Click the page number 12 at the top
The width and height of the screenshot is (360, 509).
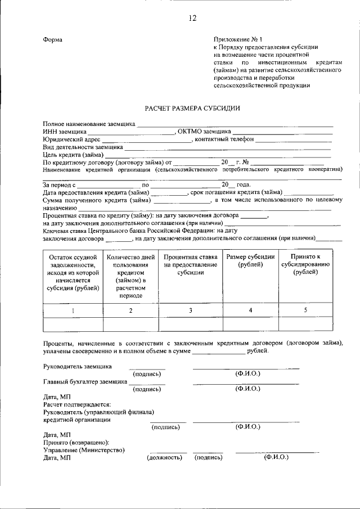[192, 19]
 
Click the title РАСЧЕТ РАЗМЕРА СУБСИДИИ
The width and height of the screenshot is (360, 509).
[192, 107]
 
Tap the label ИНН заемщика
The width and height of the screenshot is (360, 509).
[62, 132]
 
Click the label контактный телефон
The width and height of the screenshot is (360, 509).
[224, 139]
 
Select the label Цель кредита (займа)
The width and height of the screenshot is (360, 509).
[73, 154]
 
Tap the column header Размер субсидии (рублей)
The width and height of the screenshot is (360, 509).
[250, 261]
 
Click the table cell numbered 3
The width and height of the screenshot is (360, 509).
[190, 310]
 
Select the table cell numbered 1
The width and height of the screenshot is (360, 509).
[73, 310]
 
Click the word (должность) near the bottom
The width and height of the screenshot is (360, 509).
[164, 458]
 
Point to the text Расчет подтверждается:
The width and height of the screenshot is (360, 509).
[76, 404]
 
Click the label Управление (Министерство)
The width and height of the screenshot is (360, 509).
[84, 450]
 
